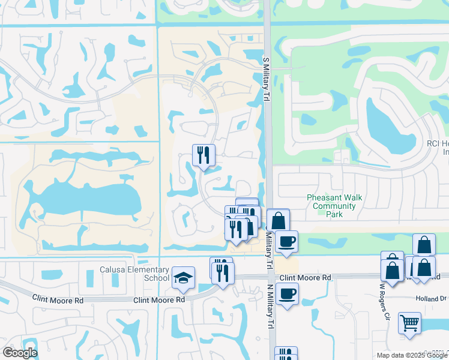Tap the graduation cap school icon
(x=183, y=278)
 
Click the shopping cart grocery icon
(x=410, y=323)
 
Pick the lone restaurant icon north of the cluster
(x=203, y=155)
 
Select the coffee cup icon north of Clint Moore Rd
(x=287, y=241)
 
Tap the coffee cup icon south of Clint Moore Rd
(x=288, y=294)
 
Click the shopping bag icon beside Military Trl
(x=278, y=220)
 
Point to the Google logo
(x=19, y=353)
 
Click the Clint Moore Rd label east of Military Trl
(x=306, y=278)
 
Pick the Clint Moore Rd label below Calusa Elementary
(x=159, y=299)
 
